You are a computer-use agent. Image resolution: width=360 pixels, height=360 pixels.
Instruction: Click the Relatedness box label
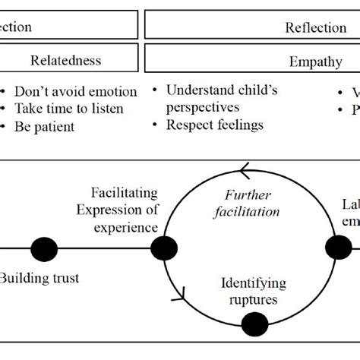click(x=65, y=60)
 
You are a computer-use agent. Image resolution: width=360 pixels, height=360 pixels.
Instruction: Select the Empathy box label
click(x=315, y=62)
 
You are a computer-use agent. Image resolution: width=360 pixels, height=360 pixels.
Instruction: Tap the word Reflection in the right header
click(x=316, y=28)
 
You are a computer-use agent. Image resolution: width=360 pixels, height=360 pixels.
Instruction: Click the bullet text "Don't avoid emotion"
click(x=76, y=92)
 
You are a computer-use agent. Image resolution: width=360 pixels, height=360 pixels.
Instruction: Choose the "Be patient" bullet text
click(x=45, y=126)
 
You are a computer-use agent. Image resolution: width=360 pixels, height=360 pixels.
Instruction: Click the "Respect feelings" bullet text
click(x=214, y=125)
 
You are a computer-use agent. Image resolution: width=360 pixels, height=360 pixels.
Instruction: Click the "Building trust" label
click(x=39, y=278)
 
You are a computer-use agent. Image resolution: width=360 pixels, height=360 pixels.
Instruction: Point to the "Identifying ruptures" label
click(x=254, y=292)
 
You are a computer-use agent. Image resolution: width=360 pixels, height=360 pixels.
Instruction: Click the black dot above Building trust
click(x=44, y=248)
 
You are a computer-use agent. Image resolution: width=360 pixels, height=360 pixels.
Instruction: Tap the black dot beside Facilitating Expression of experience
click(x=164, y=247)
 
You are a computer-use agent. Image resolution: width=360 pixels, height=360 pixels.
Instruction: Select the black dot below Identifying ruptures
click(x=254, y=324)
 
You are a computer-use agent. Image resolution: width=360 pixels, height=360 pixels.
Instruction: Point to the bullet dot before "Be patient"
click(x=5, y=126)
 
